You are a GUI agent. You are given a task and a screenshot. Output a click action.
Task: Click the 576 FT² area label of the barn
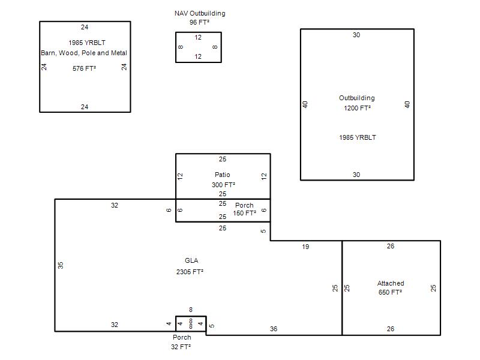pos(84,68)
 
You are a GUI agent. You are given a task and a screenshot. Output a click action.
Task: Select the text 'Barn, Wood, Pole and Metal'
pos(84,53)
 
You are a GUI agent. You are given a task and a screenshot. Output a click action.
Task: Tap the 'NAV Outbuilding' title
pos(200,13)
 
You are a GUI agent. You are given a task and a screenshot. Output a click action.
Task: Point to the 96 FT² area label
pos(200,22)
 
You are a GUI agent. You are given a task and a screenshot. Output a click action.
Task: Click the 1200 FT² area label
pos(357,108)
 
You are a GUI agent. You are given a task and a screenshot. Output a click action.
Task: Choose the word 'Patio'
pos(222,175)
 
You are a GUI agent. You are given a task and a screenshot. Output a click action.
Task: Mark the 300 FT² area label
pos(223,185)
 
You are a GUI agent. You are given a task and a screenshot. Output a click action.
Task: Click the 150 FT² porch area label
pos(245,213)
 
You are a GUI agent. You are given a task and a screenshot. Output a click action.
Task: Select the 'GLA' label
pos(191,260)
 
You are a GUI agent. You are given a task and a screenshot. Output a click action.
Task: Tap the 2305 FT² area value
pos(190,272)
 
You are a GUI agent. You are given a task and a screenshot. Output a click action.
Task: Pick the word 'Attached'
pos(391,283)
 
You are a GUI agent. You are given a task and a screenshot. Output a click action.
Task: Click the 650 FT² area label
pos(391,292)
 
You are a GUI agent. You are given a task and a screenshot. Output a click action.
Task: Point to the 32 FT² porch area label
pos(181,347)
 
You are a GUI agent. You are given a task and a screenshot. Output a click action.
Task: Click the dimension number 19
pos(305,247)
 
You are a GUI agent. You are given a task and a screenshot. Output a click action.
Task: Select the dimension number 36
pos(274,329)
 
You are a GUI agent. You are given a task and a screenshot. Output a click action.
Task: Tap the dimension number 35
pos(61,265)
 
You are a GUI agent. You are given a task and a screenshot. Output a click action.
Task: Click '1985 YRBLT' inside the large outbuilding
pos(358,137)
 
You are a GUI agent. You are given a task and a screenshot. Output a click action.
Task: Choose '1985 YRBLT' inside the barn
pos(87,43)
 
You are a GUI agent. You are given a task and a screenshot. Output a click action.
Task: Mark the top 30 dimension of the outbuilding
pos(356,35)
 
